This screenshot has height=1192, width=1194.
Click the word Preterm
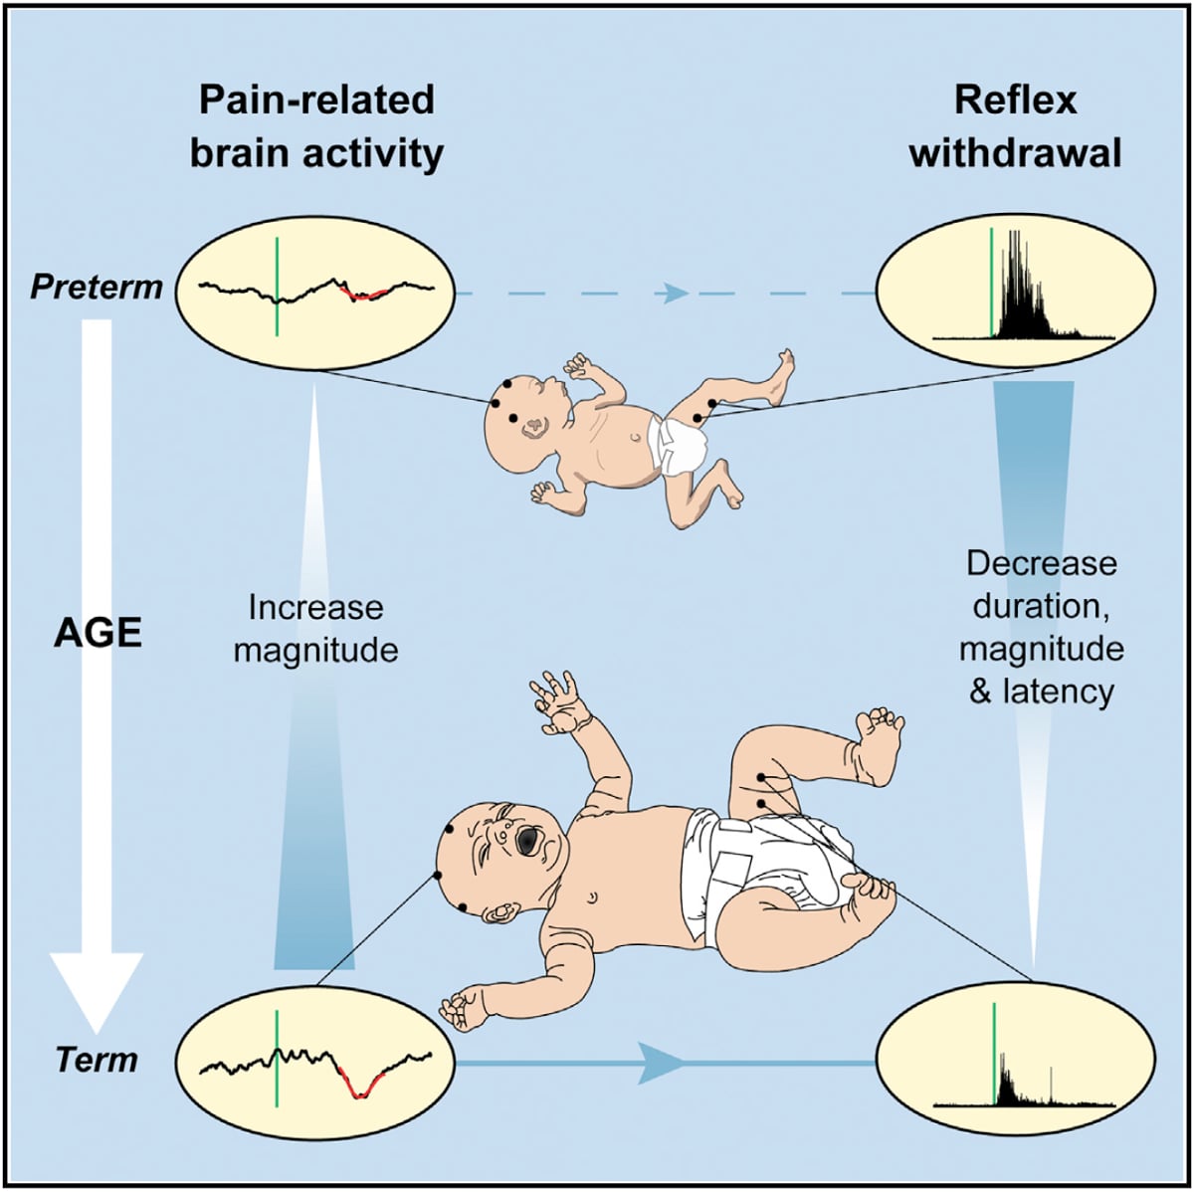click(97, 288)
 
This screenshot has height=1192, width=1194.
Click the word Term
click(97, 1059)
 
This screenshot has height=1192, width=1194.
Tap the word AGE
click(98, 633)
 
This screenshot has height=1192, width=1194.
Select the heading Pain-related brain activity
click(316, 126)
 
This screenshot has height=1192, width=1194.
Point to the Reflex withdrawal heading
click(1015, 126)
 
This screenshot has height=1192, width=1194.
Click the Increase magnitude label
click(314, 628)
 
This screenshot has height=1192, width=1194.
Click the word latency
click(1057, 691)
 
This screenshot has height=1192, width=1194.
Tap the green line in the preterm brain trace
click(278, 287)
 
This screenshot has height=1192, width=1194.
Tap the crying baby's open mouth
click(524, 842)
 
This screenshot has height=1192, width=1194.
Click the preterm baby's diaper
click(679, 445)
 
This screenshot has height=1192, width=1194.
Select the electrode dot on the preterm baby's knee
click(711, 403)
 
